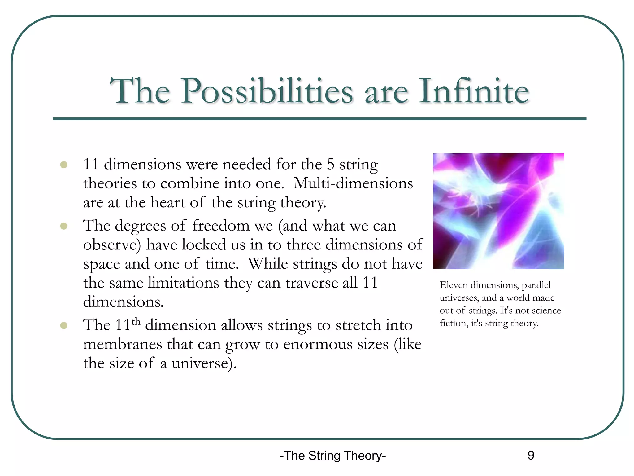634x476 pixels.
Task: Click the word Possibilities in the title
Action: click(267, 91)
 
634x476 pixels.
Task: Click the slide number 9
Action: click(531, 455)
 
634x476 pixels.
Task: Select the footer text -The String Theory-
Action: click(332, 456)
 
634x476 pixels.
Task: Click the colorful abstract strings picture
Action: click(498, 211)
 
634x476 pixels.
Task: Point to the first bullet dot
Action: click(64, 165)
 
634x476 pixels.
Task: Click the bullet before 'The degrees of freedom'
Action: click(64, 226)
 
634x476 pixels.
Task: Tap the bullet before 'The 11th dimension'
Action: click(64, 325)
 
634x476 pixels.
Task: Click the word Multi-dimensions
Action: click(353, 183)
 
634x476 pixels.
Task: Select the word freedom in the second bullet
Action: click(221, 226)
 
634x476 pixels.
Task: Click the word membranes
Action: click(122, 345)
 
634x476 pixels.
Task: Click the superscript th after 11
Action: click(136, 321)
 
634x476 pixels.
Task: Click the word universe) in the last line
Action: click(204, 364)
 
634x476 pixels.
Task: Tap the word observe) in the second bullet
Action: click(112, 245)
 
